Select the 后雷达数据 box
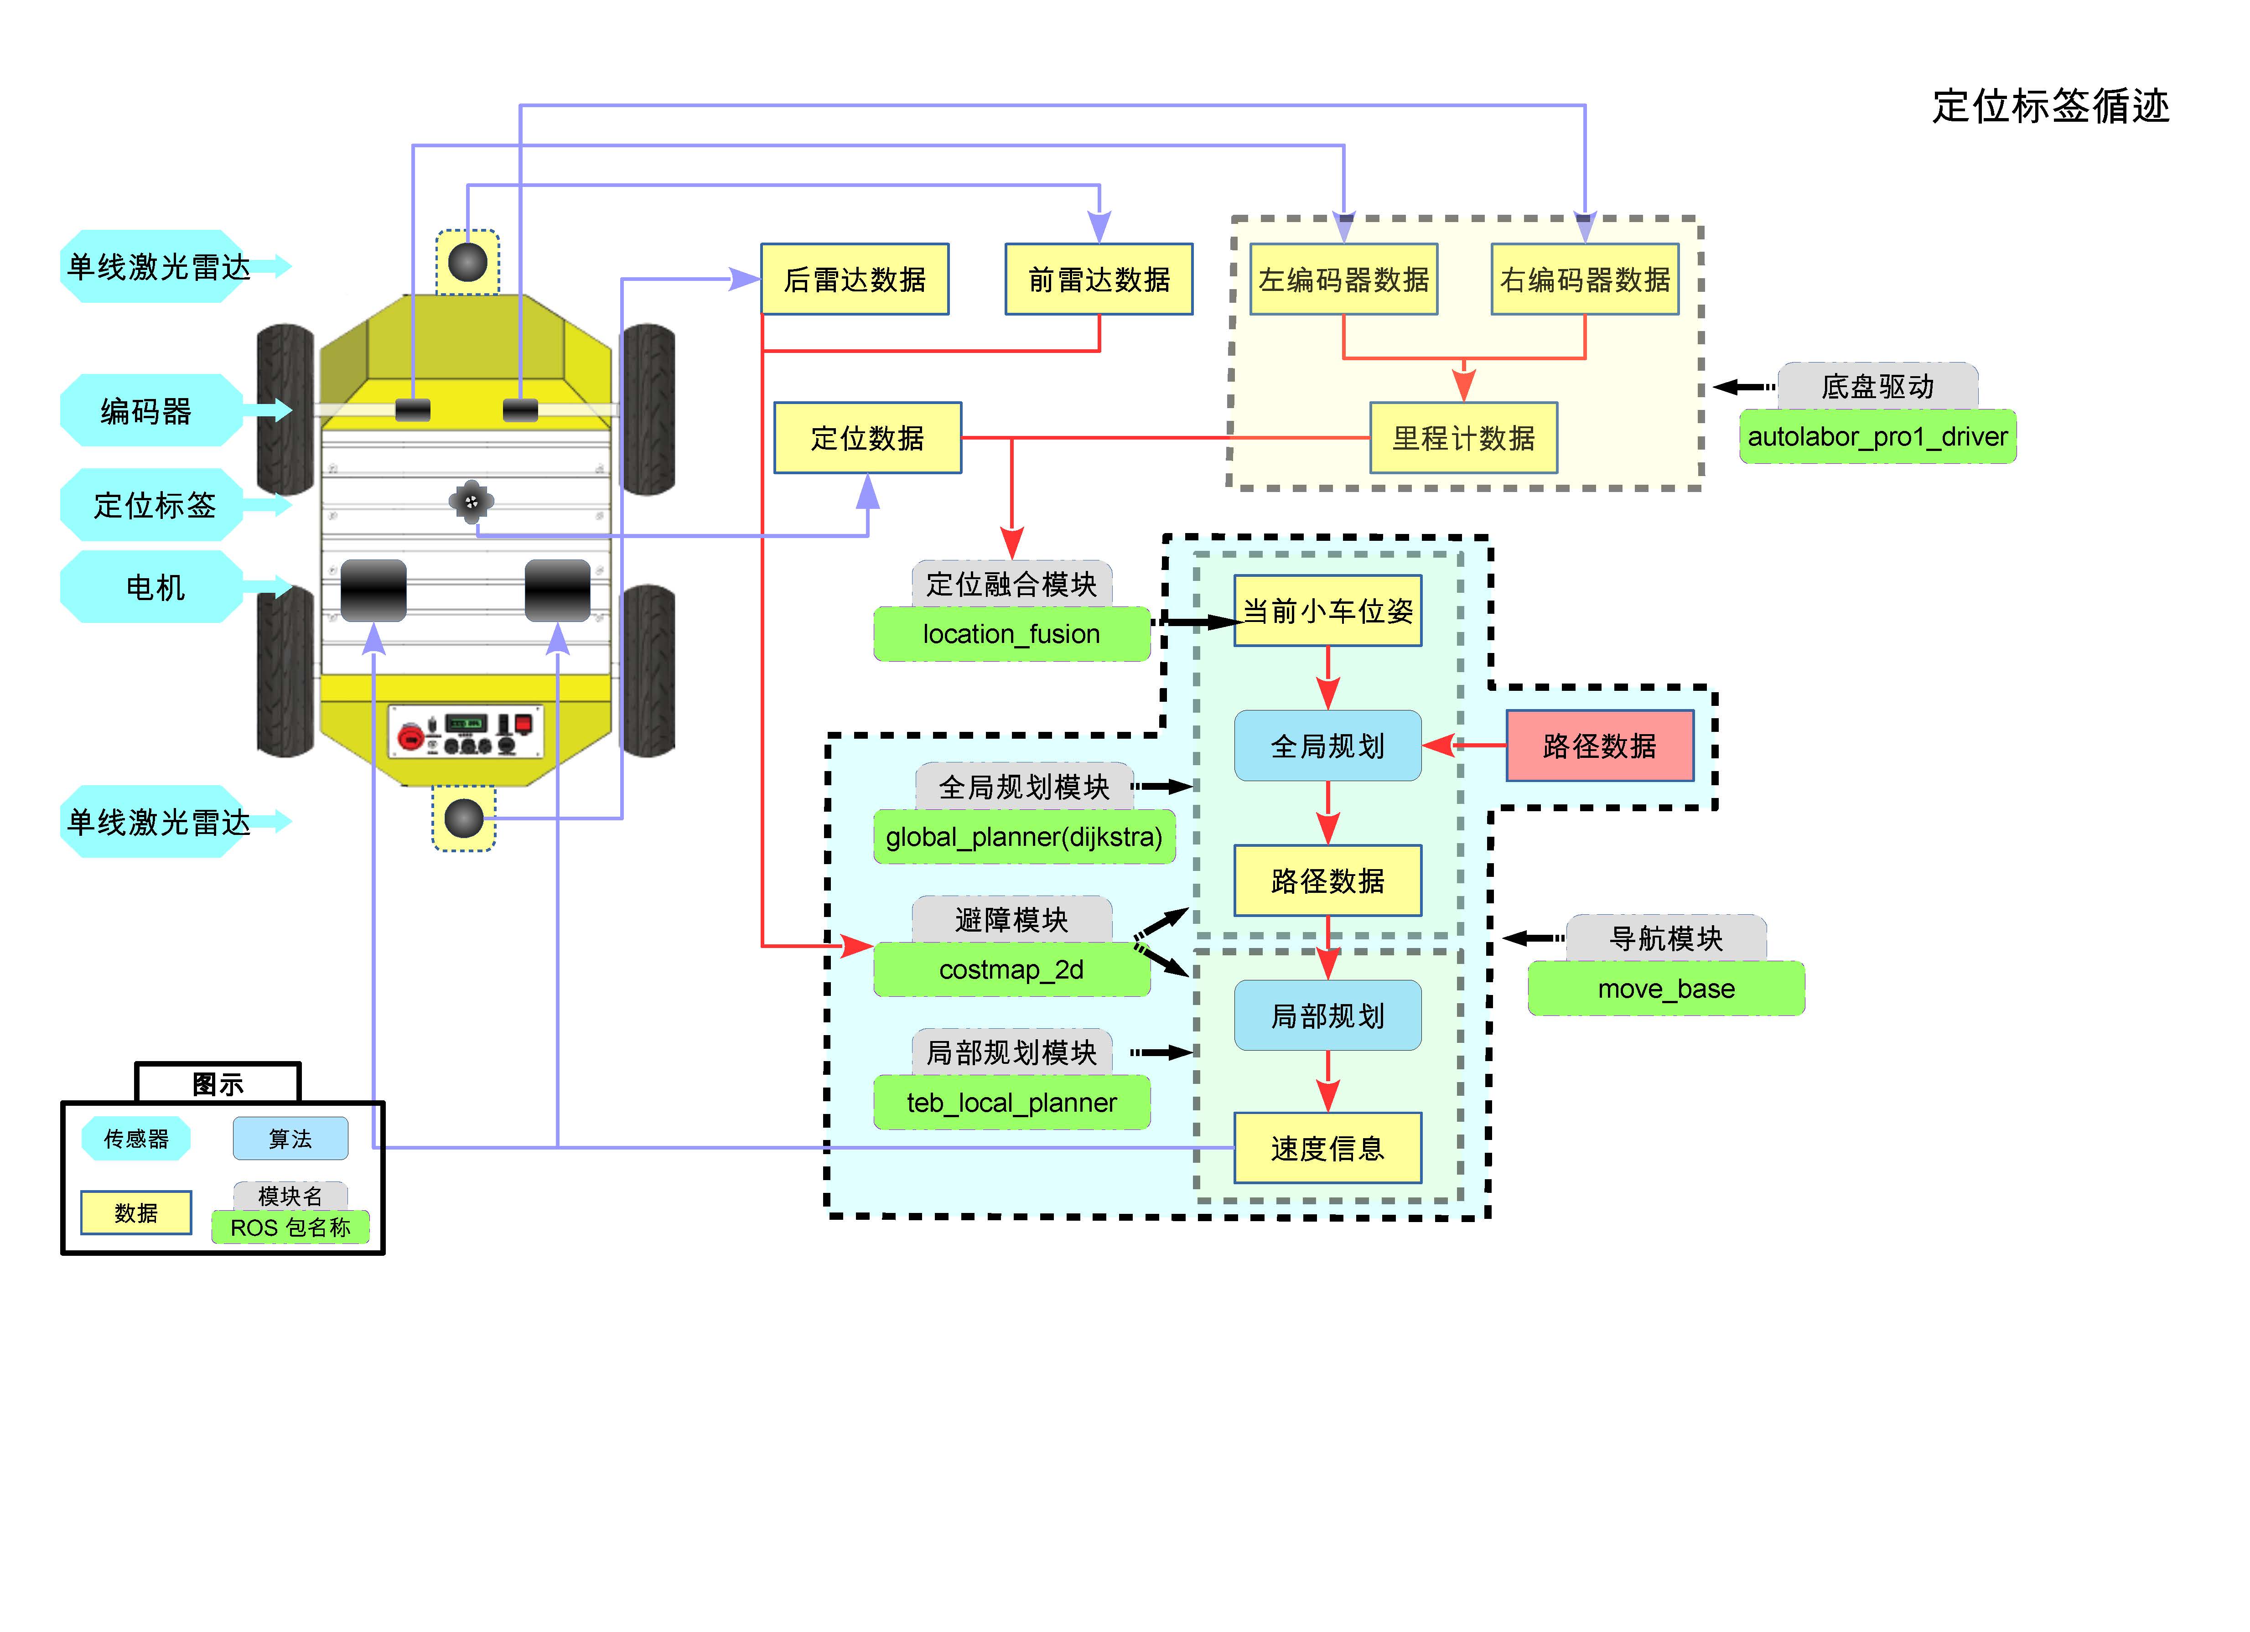click(854, 280)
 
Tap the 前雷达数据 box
click(1099, 280)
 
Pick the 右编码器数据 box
click(1585, 280)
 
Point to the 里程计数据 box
click(1463, 437)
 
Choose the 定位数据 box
click(867, 437)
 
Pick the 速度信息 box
click(1327, 1148)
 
